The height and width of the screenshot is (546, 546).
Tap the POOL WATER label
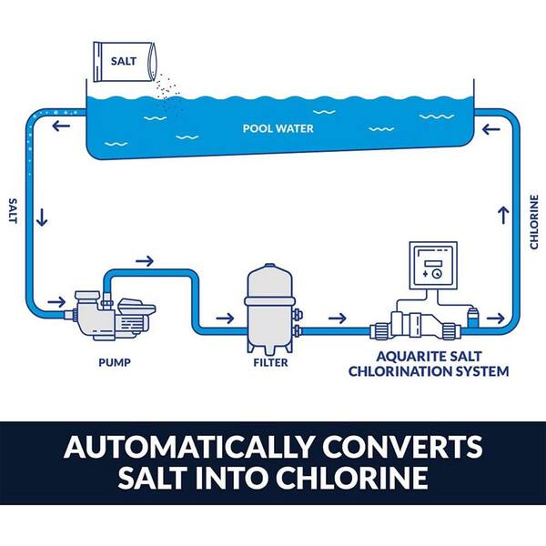[x=278, y=128]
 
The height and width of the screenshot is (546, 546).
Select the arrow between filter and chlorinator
[x=337, y=318]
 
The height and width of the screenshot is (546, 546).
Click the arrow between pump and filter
[x=222, y=318]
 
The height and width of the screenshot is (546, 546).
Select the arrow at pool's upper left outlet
[x=60, y=126]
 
